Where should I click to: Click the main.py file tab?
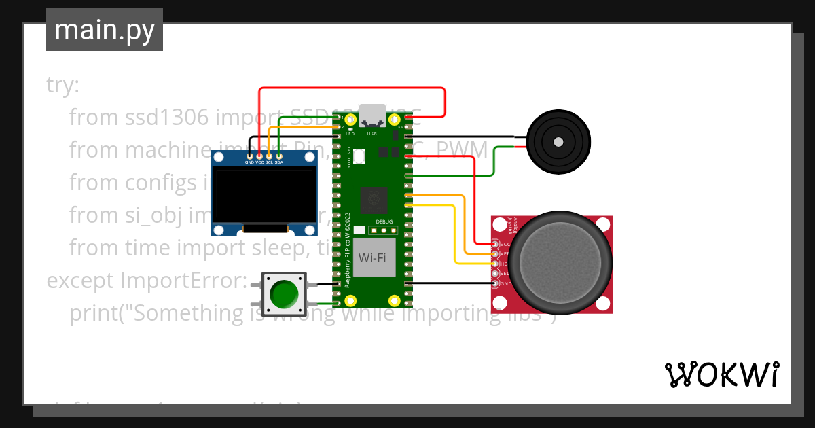click(x=104, y=30)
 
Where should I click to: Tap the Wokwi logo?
click(x=721, y=374)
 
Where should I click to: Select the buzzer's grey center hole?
click(x=558, y=142)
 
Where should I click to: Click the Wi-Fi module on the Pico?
click(x=373, y=257)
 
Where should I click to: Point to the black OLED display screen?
click(x=264, y=196)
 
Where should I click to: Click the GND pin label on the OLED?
click(x=249, y=163)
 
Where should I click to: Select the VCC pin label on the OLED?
click(x=259, y=163)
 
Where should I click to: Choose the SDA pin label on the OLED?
click(x=278, y=163)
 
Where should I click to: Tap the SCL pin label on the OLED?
click(x=269, y=163)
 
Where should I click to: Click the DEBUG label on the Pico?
click(x=384, y=222)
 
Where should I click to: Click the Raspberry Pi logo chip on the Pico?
click(x=373, y=198)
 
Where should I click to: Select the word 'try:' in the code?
click(x=63, y=86)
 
